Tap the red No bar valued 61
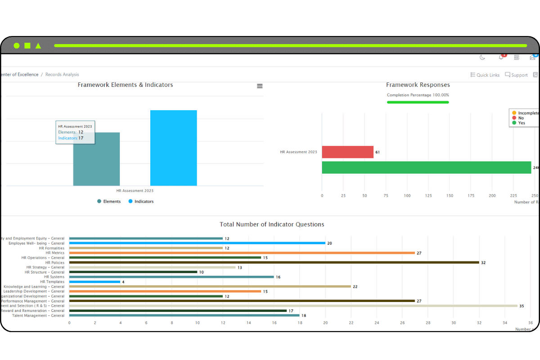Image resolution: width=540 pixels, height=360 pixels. tap(347, 152)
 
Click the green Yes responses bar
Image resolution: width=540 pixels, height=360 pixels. tap(426, 167)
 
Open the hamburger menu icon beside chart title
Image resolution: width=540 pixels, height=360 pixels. tap(260, 86)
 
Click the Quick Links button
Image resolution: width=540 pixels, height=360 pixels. tap(485, 75)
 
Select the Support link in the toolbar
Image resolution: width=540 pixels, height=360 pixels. tap(516, 75)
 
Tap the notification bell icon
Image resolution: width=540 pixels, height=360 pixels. tap(501, 57)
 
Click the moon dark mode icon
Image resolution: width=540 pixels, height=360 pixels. tap(482, 57)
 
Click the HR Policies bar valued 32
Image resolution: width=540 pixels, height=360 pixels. tap(274, 262)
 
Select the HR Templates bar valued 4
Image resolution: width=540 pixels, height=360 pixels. tap(94, 282)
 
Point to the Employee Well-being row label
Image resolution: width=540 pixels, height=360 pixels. tap(36, 243)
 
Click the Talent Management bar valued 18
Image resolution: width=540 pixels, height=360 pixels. tap(184, 315)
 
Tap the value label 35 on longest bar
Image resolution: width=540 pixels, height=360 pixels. tap(522, 306)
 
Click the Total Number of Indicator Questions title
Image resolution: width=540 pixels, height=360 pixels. tap(272, 224)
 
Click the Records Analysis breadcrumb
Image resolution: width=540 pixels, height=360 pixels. tap(62, 75)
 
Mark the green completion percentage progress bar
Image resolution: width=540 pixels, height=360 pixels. tap(418, 102)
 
